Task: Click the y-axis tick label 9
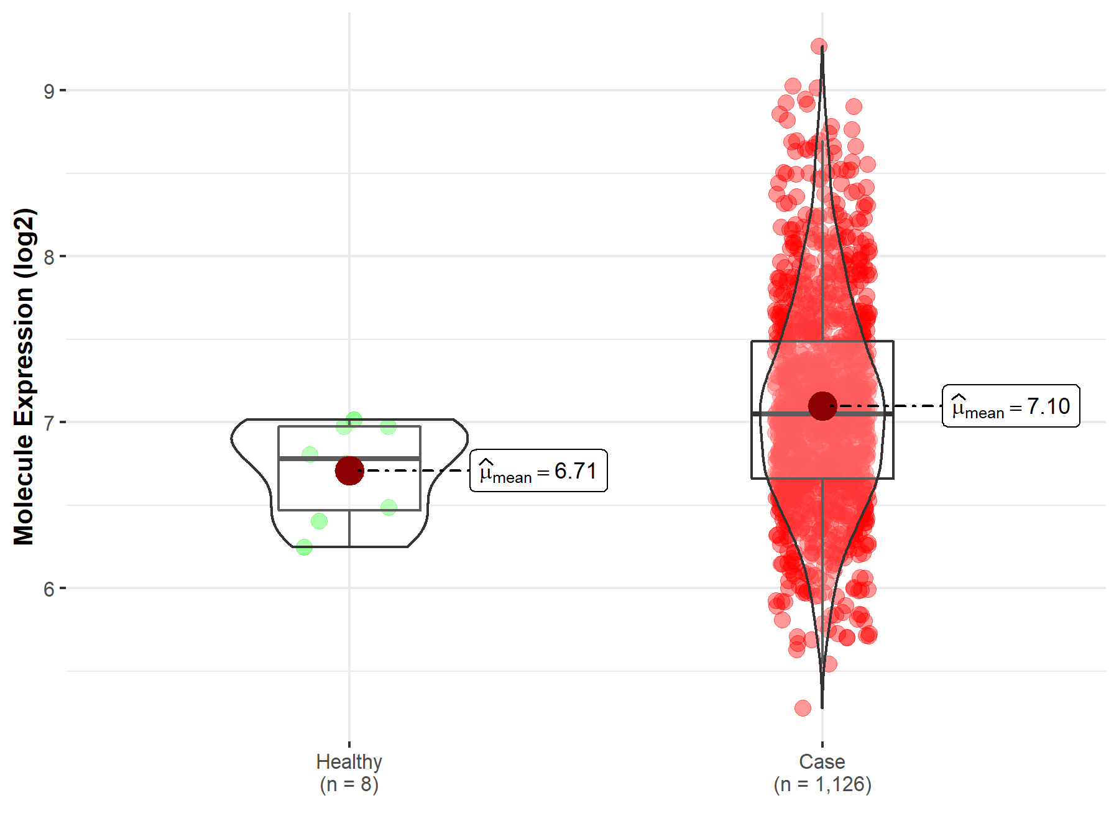pos(49,91)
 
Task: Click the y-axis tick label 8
pos(49,257)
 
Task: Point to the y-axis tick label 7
pos(49,423)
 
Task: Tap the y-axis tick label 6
pos(49,589)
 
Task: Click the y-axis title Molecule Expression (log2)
pos(24,377)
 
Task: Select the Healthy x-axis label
pos(349,762)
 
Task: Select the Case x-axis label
pos(822,762)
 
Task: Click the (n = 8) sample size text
pos(349,784)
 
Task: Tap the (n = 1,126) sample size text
pos(822,784)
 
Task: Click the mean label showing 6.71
pos(538,471)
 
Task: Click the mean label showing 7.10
pos(1011,406)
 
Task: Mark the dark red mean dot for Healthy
pos(349,470)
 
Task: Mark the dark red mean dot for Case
pos(822,406)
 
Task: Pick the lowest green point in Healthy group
pos(304,547)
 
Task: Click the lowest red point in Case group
pos(803,708)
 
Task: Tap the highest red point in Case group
pos(819,46)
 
